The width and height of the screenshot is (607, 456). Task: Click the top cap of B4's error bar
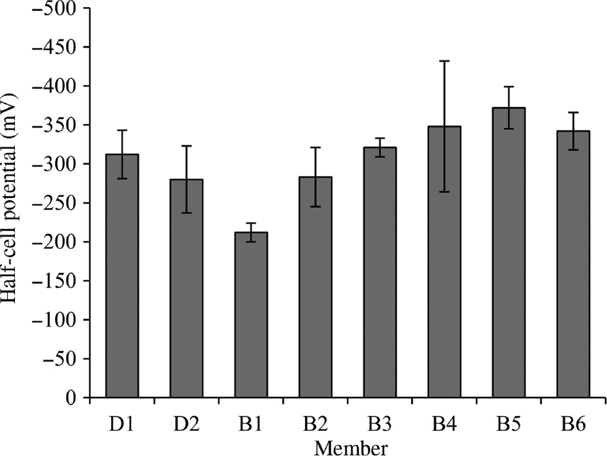[x=444, y=60]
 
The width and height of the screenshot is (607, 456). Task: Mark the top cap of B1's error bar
[x=251, y=223]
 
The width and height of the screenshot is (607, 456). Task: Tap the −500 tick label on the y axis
[x=58, y=9]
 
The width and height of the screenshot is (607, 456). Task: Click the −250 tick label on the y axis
[x=58, y=203]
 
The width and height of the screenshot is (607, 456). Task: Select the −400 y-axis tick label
[x=58, y=87]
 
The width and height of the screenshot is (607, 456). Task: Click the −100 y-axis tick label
[x=58, y=320]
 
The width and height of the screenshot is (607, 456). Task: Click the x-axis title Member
[x=348, y=446]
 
